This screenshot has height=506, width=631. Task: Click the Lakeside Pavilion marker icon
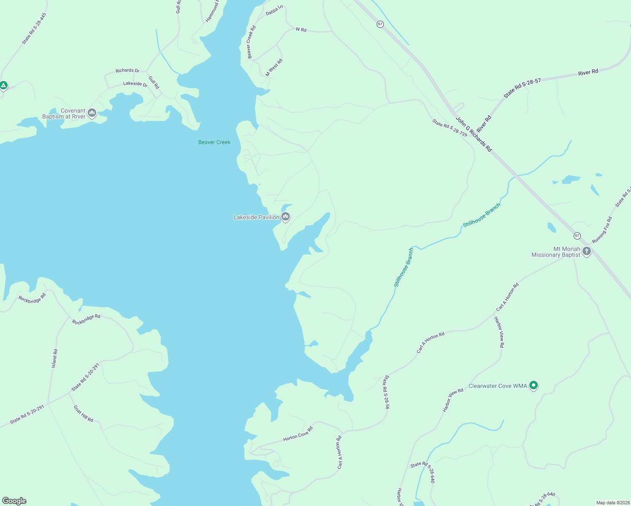tap(286, 217)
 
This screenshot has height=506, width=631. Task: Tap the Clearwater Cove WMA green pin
tap(534, 385)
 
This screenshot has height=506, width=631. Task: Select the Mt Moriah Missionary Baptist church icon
tap(586, 252)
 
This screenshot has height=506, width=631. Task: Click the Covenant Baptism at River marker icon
tap(92, 113)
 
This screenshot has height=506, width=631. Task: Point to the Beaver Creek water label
tap(214, 142)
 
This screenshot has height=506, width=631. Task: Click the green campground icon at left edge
tap(3, 86)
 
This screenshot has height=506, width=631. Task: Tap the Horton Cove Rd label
tap(298, 434)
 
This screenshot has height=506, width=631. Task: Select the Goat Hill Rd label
tap(83, 414)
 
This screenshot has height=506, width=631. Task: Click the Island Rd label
tap(54, 358)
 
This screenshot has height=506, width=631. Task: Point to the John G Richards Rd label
tap(474, 135)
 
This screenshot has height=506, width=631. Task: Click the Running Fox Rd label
tap(602, 230)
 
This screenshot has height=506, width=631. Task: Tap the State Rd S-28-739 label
tap(450, 128)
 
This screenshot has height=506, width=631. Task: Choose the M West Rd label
tap(274, 67)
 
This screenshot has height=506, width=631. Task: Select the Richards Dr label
tap(127, 70)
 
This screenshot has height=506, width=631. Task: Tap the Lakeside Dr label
tap(135, 84)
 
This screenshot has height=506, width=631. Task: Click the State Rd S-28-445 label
tap(34, 28)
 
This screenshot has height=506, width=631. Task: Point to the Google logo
tap(14, 501)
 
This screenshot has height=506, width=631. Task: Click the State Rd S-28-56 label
tap(386, 392)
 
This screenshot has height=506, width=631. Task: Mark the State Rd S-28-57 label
tap(522, 87)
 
